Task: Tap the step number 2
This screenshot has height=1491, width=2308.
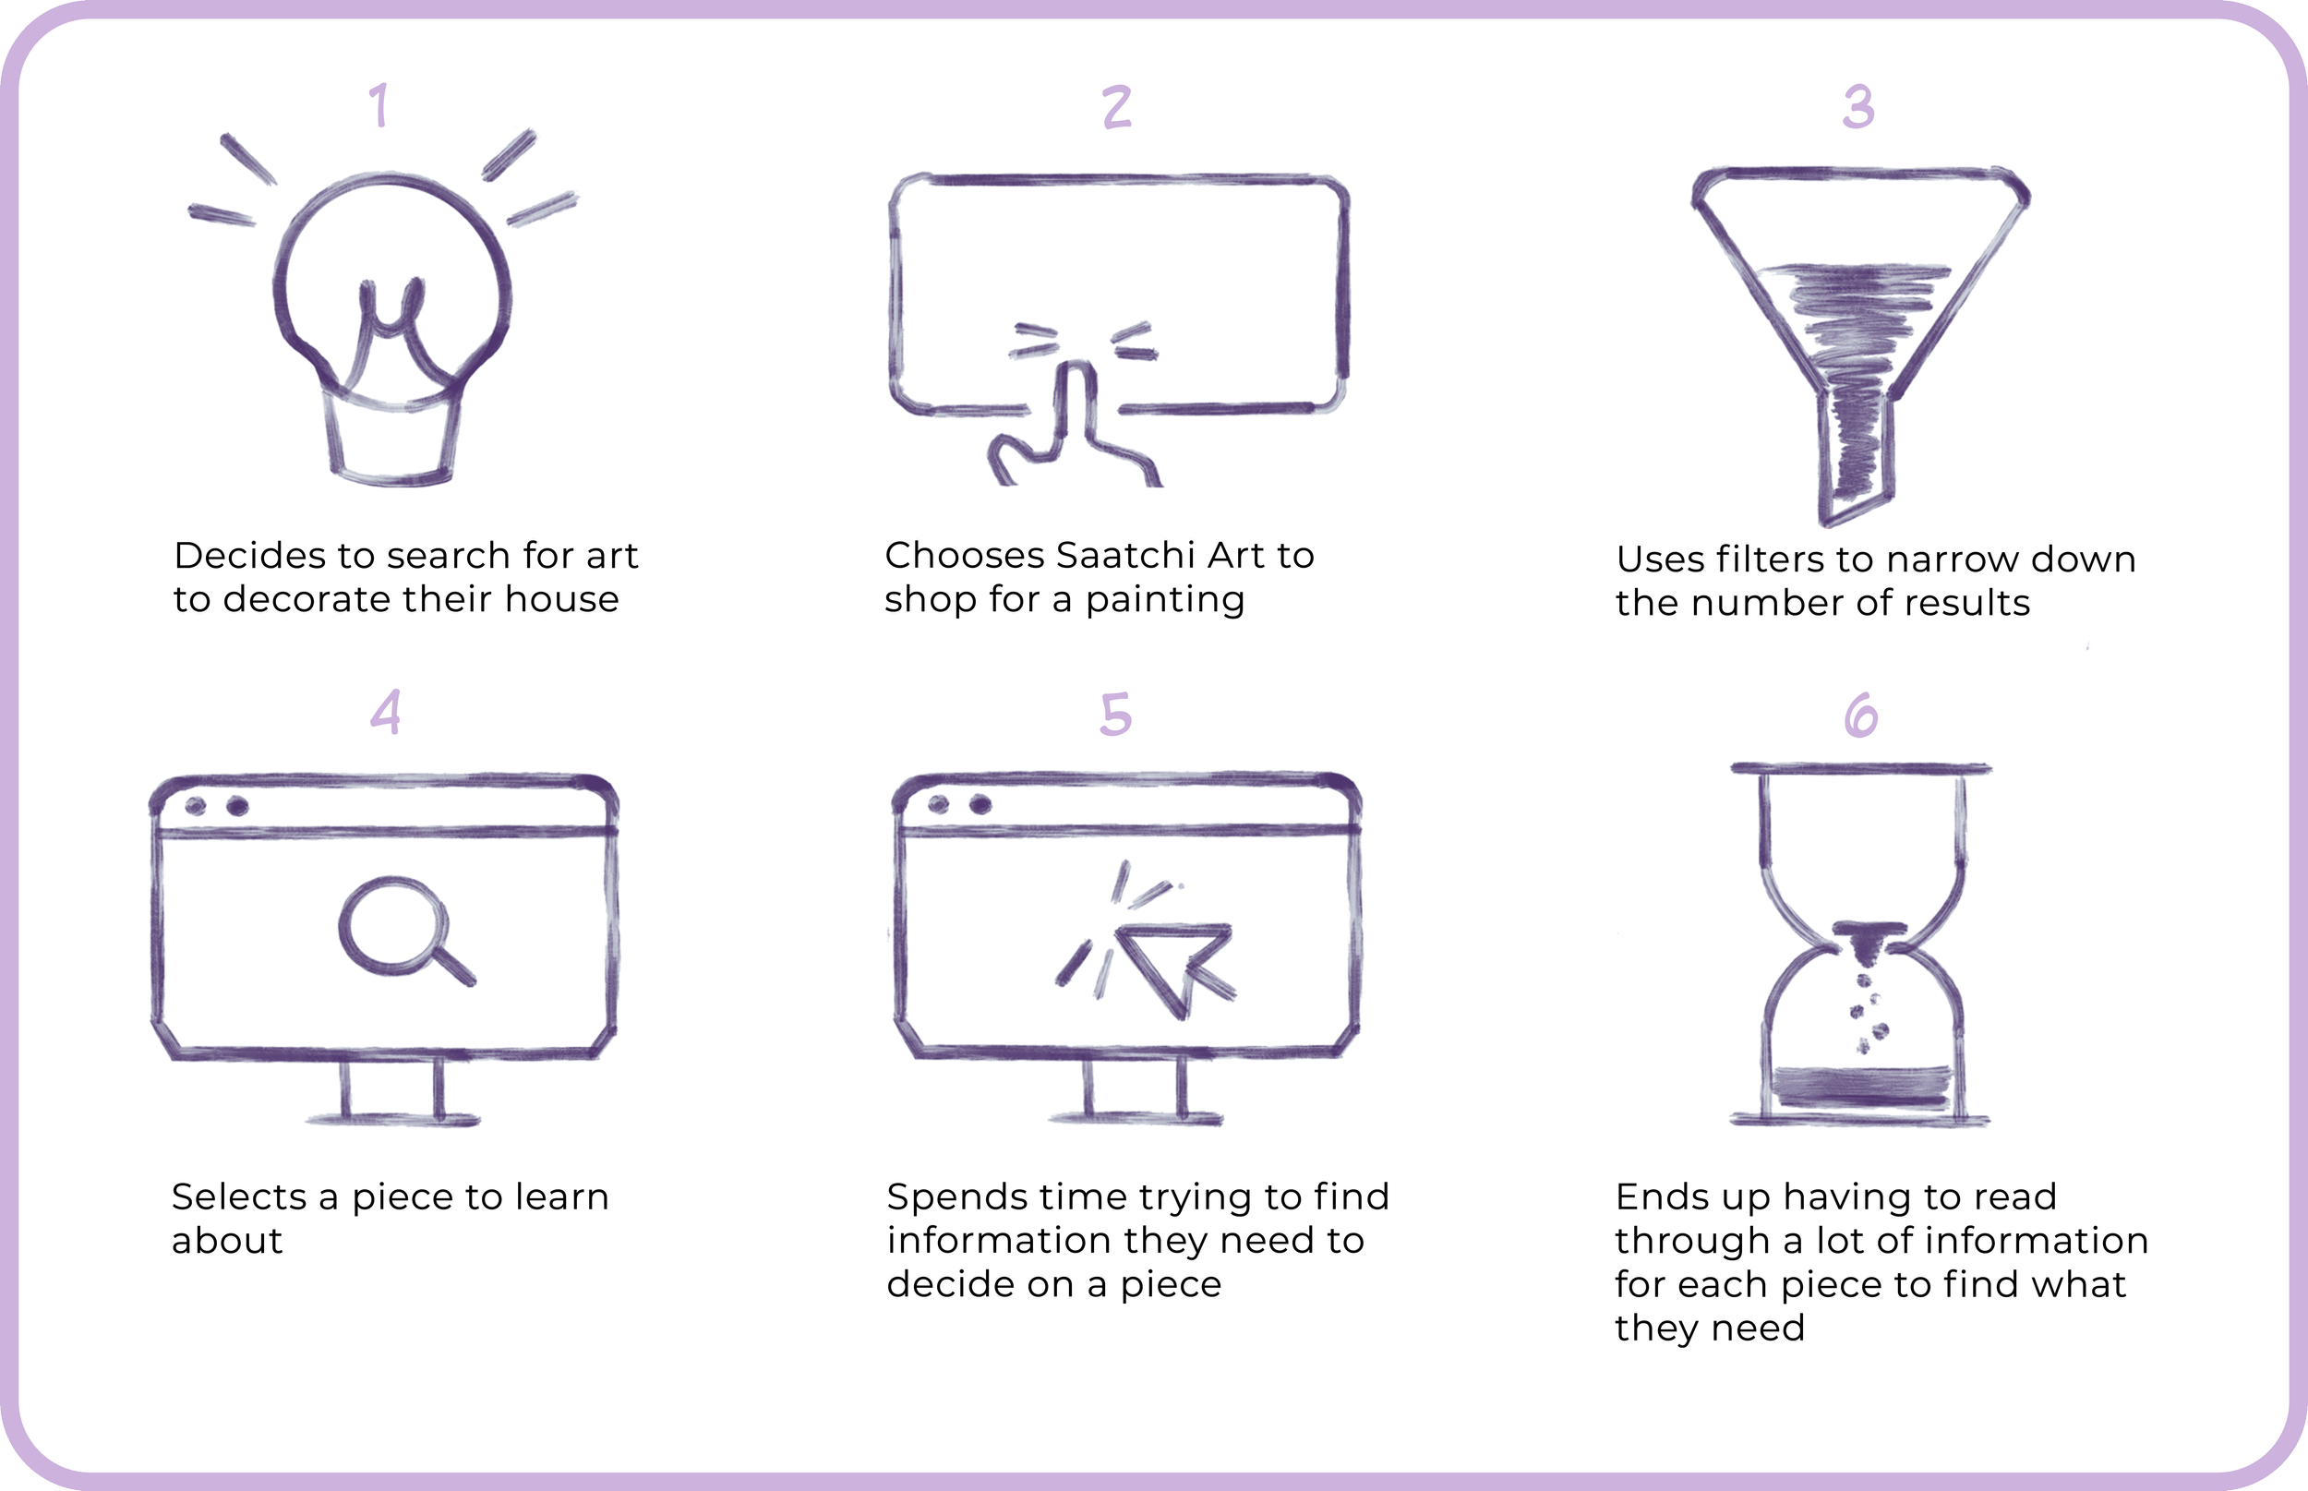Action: tap(1117, 106)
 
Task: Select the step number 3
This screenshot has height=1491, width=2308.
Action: tap(1858, 106)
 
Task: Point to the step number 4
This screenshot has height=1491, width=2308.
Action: tap(385, 713)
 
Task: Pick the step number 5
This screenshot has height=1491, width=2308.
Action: tap(1115, 715)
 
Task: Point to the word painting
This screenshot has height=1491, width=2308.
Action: tap(1165, 600)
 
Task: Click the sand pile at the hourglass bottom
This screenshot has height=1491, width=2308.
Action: tap(1861, 1087)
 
